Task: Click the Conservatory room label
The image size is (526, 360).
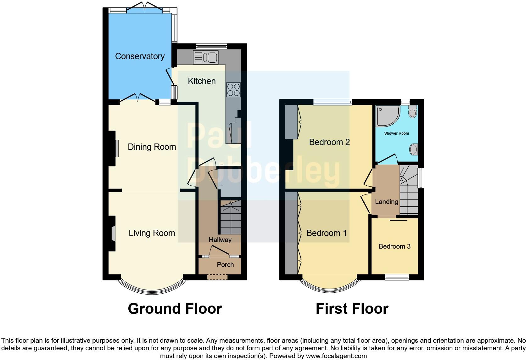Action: pyautogui.click(x=140, y=56)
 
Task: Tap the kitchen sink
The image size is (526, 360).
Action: pyautogui.click(x=206, y=58)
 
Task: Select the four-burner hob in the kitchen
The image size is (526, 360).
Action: pyautogui.click(x=233, y=89)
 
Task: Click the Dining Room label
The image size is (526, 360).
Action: pyautogui.click(x=152, y=147)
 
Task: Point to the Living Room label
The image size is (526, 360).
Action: pyautogui.click(x=152, y=233)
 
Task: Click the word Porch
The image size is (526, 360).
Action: pyautogui.click(x=225, y=265)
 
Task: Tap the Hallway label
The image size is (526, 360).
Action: pyautogui.click(x=220, y=240)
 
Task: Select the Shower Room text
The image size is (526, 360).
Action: pyautogui.click(x=396, y=133)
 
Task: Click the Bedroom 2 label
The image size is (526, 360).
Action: pyautogui.click(x=329, y=142)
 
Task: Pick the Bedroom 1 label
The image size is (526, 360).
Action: pyautogui.click(x=327, y=233)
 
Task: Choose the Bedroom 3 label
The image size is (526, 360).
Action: pyautogui.click(x=394, y=246)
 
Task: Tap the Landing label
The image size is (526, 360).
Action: pyautogui.click(x=386, y=202)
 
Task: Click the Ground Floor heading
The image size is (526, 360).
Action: pyautogui.click(x=175, y=309)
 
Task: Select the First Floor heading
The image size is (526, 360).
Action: pyautogui.click(x=352, y=309)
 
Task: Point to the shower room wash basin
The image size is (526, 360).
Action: pyautogui.click(x=414, y=149)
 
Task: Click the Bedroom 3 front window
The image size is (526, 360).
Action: pyautogui.click(x=397, y=277)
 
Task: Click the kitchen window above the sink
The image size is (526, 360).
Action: pyautogui.click(x=211, y=46)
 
